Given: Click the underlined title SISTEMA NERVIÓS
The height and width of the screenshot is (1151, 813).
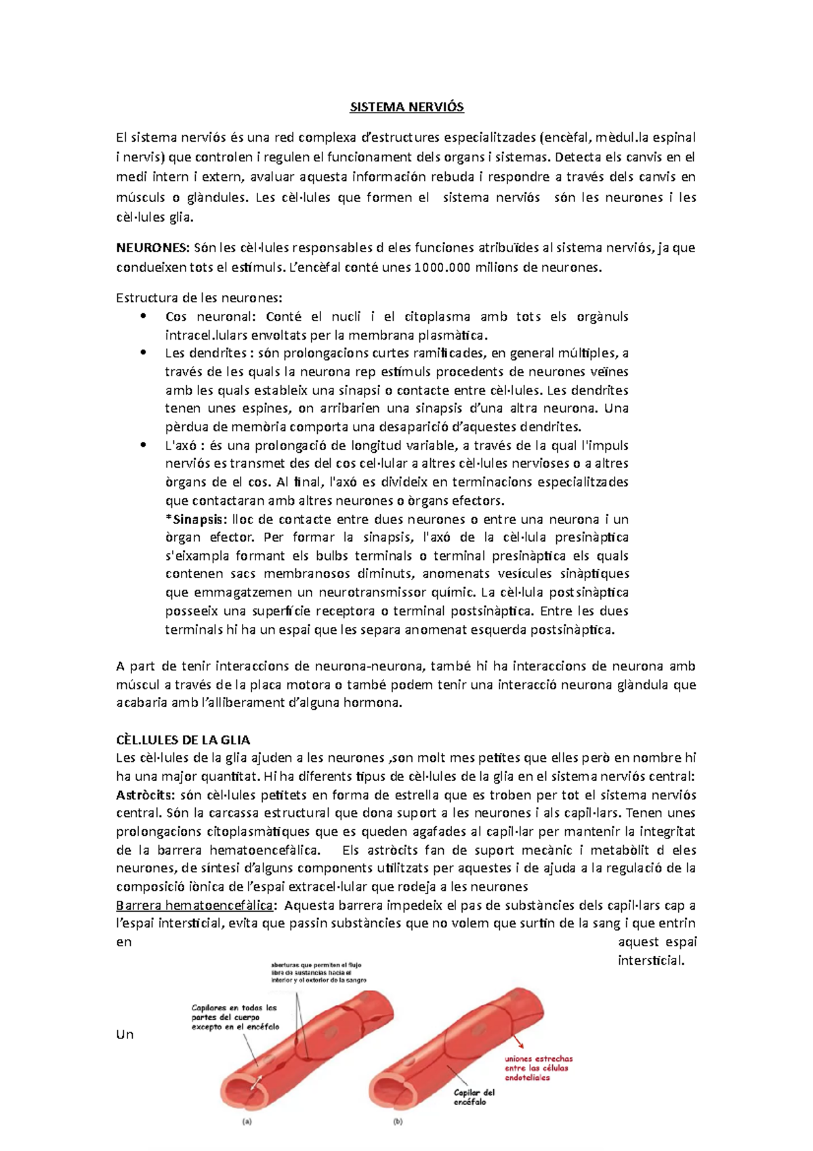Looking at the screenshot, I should click(x=406, y=107).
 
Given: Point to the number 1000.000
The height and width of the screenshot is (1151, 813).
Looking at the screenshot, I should click(x=442, y=267).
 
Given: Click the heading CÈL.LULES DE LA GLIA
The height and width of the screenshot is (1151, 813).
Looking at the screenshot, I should click(x=183, y=740).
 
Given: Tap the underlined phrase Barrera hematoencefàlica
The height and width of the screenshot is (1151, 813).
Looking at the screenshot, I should click(x=195, y=906).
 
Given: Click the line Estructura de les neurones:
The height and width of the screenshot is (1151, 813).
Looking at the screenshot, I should click(x=199, y=298).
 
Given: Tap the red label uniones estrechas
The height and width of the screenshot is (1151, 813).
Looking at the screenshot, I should click(x=538, y=1058).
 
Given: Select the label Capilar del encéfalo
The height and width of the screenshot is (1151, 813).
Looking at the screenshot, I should click(x=474, y=1097).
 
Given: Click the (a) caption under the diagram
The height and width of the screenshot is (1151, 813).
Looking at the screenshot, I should click(x=247, y=1122).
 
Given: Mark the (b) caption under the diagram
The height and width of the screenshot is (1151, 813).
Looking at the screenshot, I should click(x=398, y=1122).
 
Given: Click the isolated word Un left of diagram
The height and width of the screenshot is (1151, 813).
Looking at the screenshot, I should click(x=125, y=1034).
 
